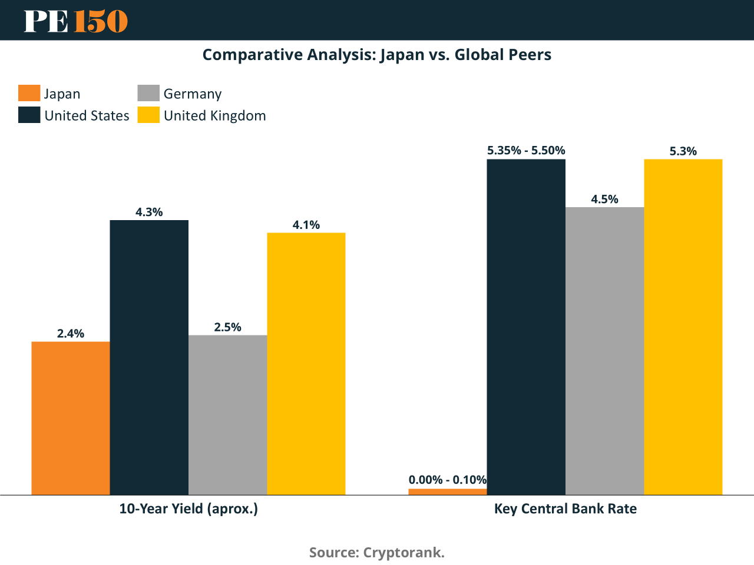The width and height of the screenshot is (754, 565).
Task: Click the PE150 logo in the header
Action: [x=75, y=21]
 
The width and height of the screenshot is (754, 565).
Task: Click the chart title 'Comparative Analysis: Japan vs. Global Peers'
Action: [x=377, y=55]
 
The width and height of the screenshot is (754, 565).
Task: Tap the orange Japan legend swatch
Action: [x=29, y=93]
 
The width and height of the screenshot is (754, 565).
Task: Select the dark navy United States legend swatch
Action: [x=29, y=115]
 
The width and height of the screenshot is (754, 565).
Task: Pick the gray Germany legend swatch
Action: [x=148, y=93]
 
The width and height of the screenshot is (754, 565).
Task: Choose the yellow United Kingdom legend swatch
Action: [x=148, y=115]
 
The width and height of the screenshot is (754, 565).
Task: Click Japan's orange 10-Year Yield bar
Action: [x=71, y=418]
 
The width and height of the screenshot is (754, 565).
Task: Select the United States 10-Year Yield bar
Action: [x=149, y=357]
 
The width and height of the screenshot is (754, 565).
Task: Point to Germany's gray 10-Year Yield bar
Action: [x=227, y=415]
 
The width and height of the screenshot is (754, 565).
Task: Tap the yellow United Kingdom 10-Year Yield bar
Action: [x=306, y=364]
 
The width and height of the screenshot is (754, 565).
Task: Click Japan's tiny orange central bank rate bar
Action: [x=448, y=491]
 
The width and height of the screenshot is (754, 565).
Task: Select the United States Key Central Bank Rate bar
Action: [x=526, y=327]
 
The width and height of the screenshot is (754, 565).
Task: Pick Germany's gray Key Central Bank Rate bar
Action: [x=604, y=351]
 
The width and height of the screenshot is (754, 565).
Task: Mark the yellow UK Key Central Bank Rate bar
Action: [x=683, y=327]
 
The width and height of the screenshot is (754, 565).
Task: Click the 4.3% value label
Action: [x=149, y=212]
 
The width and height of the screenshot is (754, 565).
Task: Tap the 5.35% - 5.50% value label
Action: [x=526, y=151]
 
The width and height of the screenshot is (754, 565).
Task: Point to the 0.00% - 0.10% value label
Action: [x=448, y=480]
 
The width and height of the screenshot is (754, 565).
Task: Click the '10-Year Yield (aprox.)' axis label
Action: [x=188, y=508]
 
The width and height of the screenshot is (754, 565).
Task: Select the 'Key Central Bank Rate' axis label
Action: [x=565, y=508]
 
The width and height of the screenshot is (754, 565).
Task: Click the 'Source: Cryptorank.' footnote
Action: [x=377, y=553]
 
